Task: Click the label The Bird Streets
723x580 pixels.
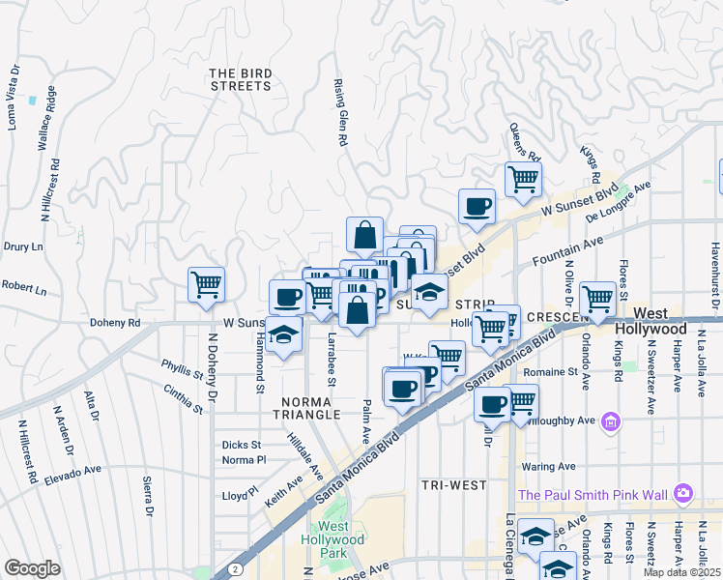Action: click(240, 79)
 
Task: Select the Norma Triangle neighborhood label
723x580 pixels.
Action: click(310, 407)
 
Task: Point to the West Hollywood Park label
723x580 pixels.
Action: click(333, 539)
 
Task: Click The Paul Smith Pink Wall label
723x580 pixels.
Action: click(593, 495)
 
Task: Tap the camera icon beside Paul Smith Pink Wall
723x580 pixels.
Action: click(684, 493)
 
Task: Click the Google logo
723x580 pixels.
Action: click(32, 568)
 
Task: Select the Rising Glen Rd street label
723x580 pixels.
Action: click(340, 112)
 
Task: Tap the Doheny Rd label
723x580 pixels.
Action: click(115, 323)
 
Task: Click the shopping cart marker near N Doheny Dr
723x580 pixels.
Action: click(206, 285)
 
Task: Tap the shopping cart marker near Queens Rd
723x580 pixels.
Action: click(523, 180)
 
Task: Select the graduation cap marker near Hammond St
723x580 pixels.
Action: click(284, 335)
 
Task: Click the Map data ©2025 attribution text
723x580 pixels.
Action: click(681, 572)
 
